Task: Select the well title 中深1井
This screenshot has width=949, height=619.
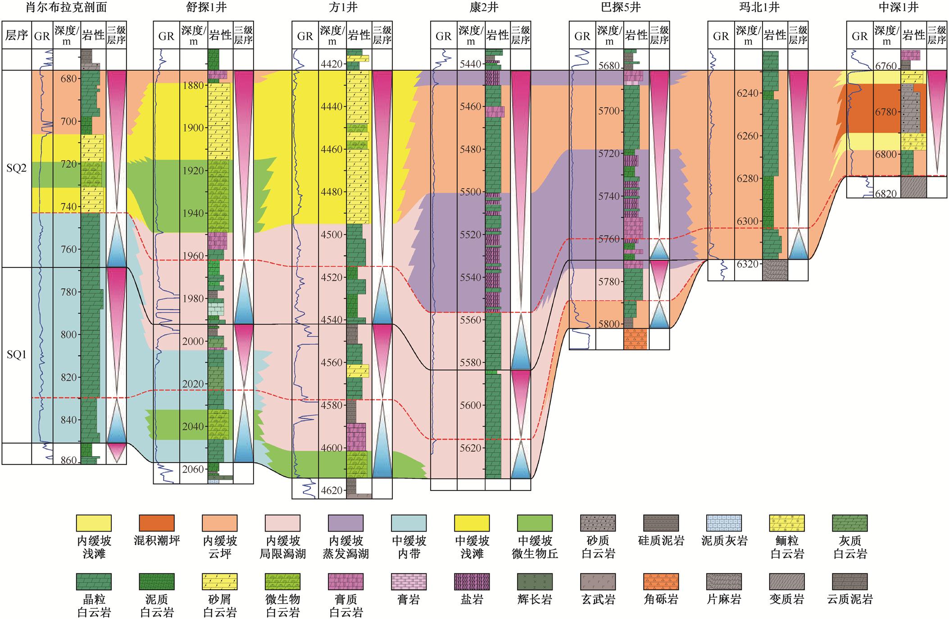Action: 898,8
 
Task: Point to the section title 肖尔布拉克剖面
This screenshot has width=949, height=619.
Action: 63,8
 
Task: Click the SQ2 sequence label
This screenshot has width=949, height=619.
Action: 16,168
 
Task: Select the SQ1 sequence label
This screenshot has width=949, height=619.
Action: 16,355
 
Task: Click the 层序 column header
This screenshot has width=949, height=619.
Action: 17,35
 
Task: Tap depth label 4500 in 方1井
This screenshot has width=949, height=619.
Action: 332,234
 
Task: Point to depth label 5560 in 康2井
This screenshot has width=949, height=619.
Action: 471,320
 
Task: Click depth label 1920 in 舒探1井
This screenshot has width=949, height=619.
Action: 193,170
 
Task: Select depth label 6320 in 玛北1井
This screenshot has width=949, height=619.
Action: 748,264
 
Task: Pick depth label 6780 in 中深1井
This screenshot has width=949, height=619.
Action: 886,112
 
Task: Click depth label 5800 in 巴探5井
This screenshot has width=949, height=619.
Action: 609,324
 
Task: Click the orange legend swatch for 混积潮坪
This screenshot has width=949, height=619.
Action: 157,523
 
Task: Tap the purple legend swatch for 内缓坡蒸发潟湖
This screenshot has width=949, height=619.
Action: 346,523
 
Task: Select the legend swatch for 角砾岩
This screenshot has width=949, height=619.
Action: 661,582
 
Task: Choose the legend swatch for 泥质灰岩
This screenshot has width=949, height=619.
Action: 724,523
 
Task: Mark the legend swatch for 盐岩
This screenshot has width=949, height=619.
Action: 472,582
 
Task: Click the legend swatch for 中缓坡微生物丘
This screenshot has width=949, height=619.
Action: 535,523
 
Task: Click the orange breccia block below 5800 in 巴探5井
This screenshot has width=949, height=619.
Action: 636,339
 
